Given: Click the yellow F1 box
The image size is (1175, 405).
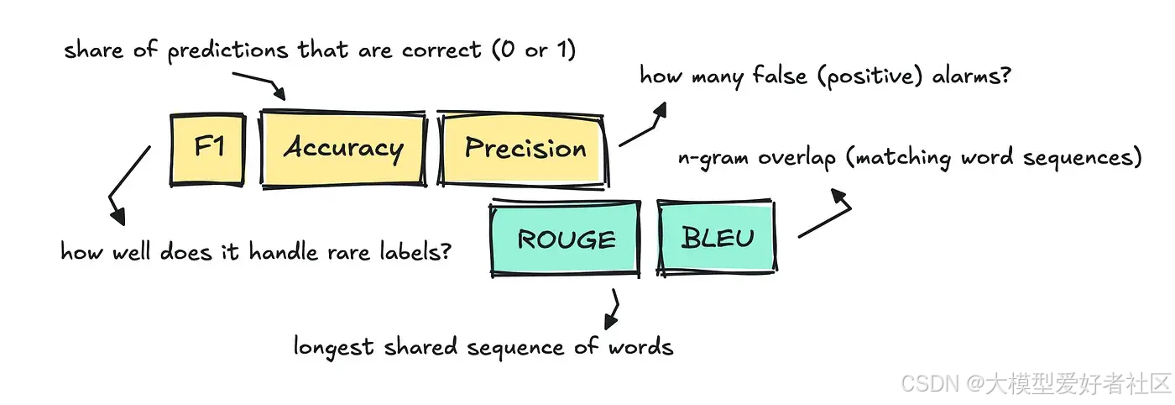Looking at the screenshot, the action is [x=207, y=150].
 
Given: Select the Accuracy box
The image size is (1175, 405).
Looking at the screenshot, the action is [x=343, y=149].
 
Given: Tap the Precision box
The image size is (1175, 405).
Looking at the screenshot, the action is [x=525, y=149].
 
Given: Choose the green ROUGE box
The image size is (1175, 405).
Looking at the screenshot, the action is [x=566, y=239].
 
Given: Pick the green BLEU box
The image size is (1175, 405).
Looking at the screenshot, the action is [x=718, y=238].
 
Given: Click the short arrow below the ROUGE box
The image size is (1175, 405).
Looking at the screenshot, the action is [x=613, y=310].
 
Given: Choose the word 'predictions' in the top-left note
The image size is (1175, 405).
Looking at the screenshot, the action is [x=228, y=50].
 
